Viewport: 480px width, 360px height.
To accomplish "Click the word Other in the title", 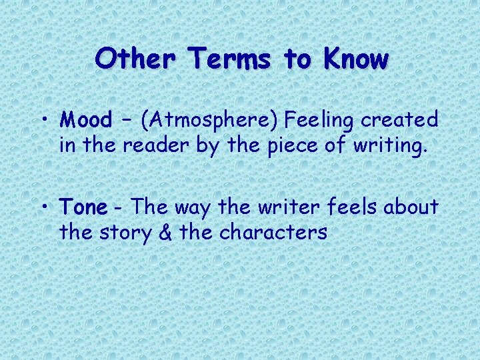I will (136, 59).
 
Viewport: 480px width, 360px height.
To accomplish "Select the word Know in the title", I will (355, 59).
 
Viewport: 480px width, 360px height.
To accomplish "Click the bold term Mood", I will (86, 120).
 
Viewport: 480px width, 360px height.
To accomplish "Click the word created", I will (400, 120).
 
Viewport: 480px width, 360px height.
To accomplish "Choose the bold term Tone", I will (83, 207).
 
